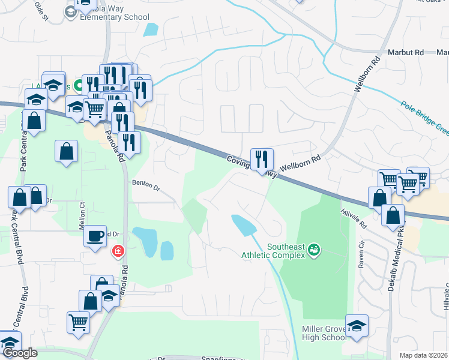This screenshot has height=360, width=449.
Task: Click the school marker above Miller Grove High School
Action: tap(357, 326)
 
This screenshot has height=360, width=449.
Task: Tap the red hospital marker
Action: tap(118, 250)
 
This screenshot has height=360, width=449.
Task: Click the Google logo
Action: tap(20, 353)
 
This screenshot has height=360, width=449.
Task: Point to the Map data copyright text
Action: tap(424, 355)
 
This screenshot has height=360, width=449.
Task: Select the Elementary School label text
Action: tap(114, 17)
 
